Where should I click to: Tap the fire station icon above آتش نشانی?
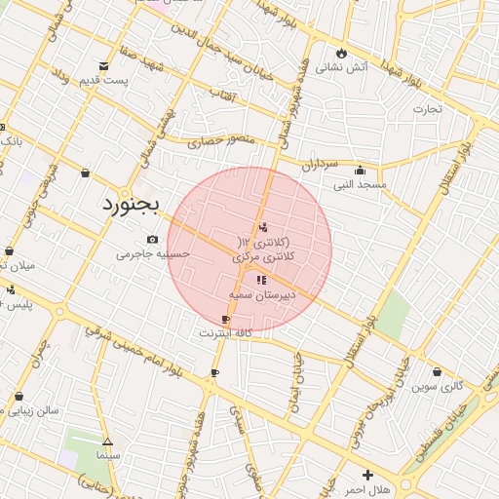pos(341,53)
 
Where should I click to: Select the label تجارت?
pos(427,108)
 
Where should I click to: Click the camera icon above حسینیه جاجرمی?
pos(152,240)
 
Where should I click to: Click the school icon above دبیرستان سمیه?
pos(260,280)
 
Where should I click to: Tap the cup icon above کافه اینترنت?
pos(226,320)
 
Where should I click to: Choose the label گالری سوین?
pos(437,386)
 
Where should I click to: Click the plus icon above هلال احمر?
pos(367,474)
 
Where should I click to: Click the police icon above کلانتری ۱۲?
pos(262,228)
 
